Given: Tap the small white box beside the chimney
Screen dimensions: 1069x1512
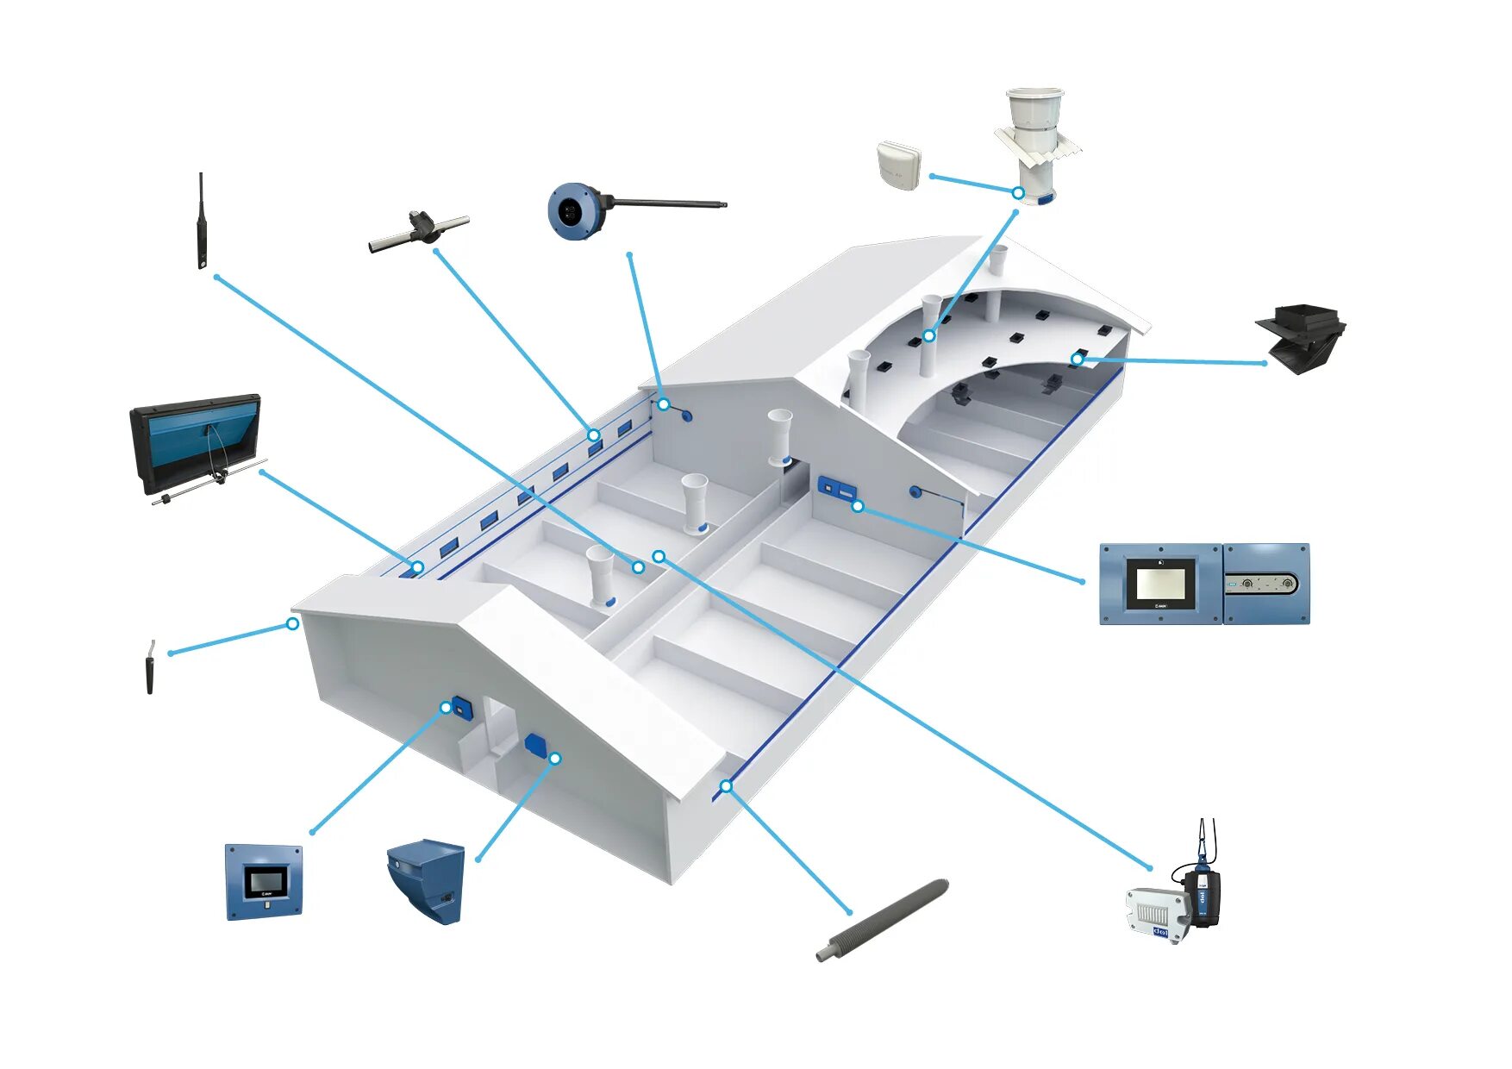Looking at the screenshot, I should pyautogui.click(x=899, y=166).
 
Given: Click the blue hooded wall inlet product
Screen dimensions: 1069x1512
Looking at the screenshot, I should pyautogui.click(x=427, y=879).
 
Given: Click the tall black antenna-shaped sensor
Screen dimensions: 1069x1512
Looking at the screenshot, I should pyautogui.click(x=202, y=222).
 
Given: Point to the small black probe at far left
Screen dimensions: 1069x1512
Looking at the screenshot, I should pyautogui.click(x=150, y=668).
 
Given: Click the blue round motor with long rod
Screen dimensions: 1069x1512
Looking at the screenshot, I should pyautogui.click(x=574, y=210).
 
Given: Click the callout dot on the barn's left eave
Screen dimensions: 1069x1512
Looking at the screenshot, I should pyautogui.click(x=292, y=623).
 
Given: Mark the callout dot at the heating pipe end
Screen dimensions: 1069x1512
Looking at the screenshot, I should pyautogui.click(x=727, y=786).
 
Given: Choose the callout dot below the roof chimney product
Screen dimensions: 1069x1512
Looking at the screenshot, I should pyautogui.click(x=1018, y=193).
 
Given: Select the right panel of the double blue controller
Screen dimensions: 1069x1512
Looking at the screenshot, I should pyautogui.click(x=1266, y=584).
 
